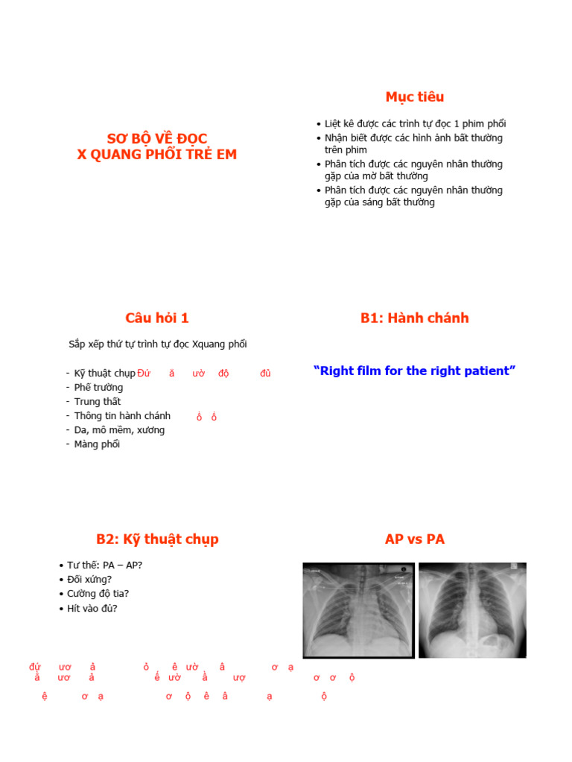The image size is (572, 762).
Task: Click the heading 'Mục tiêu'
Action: [414, 97]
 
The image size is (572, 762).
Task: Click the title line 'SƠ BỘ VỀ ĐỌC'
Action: [157, 139]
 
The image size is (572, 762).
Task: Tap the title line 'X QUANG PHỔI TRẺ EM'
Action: [157, 155]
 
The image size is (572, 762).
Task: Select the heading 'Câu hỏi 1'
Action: [157, 318]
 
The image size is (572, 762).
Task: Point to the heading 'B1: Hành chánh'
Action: [414, 318]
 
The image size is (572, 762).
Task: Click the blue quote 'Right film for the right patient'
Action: [414, 371]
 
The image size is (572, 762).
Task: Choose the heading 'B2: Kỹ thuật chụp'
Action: [157, 539]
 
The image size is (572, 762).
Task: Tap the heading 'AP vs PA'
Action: [414, 539]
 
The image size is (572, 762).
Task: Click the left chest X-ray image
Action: [358, 609]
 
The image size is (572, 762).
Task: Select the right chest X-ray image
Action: [472, 609]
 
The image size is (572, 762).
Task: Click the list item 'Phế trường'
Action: [98, 388]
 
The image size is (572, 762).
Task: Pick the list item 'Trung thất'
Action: [97, 402]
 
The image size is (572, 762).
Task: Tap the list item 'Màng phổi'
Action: [97, 444]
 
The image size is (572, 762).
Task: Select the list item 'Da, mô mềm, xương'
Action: [119, 430]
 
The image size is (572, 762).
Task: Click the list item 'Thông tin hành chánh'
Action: [122, 416]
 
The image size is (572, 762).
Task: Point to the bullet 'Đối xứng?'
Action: [89, 579]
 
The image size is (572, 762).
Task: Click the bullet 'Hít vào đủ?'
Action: [92, 608]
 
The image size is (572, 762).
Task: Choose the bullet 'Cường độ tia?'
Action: [98, 594]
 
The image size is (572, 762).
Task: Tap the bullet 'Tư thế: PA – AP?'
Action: [104, 565]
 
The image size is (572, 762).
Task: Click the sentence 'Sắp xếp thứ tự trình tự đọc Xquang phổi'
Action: [157, 344]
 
